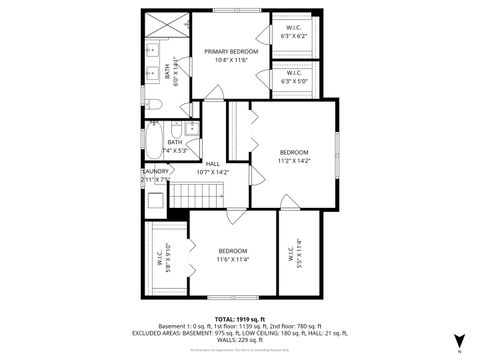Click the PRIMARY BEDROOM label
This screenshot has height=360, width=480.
pyautogui.click(x=232, y=51)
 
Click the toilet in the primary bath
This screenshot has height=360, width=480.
pyautogui.click(x=154, y=104)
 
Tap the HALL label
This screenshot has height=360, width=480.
pyautogui.click(x=212, y=164)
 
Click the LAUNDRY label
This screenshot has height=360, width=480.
pyautogui.click(x=155, y=171)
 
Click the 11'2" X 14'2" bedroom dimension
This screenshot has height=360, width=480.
pyautogui.click(x=294, y=161)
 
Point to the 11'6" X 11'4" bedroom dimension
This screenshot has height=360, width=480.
pyautogui.click(x=233, y=259)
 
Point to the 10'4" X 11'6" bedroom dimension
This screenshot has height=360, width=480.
pyautogui.click(x=232, y=60)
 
